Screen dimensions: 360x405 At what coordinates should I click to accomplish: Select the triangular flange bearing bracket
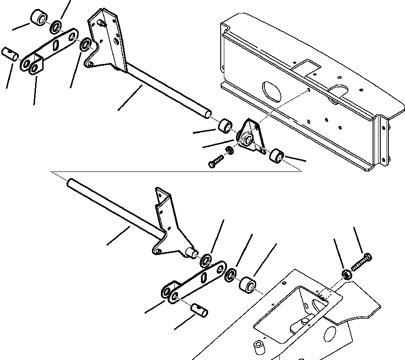coord(248,135)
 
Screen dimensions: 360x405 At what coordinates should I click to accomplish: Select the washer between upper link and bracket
coord(84,45)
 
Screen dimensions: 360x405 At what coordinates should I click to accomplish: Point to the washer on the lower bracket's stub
coord(207,260)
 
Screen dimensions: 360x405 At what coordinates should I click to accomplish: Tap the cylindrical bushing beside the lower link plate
coord(247,285)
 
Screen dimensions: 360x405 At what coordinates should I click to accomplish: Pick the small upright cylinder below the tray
coord(259,349)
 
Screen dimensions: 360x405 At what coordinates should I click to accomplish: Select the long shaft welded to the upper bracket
coord(166,90)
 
